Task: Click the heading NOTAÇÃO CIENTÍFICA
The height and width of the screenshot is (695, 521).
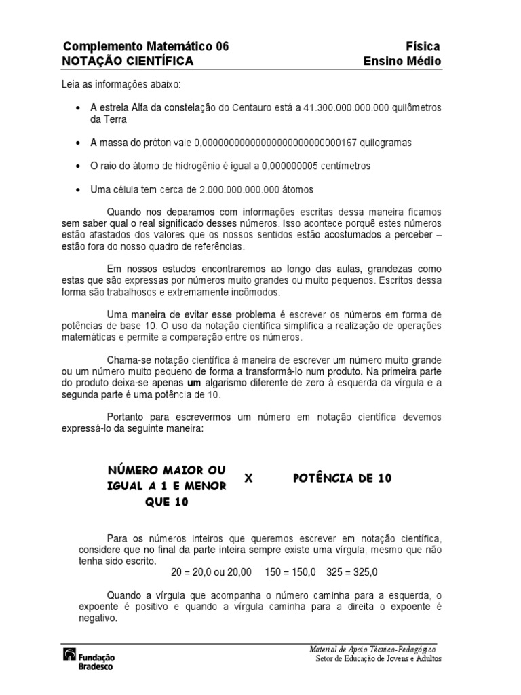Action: pos(128,61)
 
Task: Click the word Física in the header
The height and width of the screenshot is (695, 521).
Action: pos(423,46)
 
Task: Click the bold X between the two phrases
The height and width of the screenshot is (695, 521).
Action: pos(248,478)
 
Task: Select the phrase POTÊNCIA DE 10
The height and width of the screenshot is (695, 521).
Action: pos(343,478)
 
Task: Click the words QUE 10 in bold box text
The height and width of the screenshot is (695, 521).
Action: pos(167,502)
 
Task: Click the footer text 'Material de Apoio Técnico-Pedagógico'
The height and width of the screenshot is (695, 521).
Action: pos(372,650)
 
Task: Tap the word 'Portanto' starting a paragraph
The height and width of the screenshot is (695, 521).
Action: pos(128,416)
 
